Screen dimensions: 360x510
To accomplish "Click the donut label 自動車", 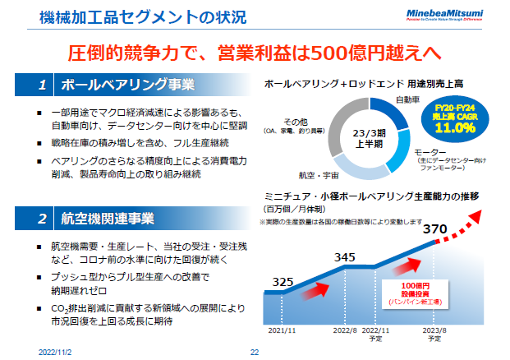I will pyautogui.click(x=407, y=99).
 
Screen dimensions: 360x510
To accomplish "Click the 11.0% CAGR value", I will pyautogui.click(x=456, y=128).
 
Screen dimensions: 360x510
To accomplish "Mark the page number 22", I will pyautogui.click(x=255, y=350).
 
